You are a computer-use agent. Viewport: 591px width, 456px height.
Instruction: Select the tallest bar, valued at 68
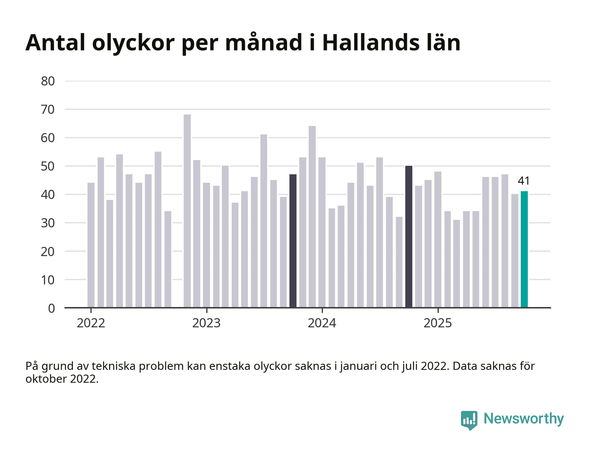point(187,211)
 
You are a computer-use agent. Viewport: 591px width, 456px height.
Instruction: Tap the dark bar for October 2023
point(293,241)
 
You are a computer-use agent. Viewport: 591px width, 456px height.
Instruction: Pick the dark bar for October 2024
point(409,236)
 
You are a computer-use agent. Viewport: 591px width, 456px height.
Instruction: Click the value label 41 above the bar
point(523,181)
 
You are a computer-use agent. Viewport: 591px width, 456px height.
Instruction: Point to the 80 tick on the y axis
point(48,81)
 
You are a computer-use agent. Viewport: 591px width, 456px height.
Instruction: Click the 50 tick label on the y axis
point(48,166)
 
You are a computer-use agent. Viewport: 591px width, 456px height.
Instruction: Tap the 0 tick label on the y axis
point(52,308)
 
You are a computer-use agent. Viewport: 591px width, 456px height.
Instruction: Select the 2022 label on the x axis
point(91,323)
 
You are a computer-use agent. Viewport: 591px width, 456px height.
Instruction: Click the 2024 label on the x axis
point(322,323)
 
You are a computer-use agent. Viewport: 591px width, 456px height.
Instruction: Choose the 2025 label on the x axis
point(437,323)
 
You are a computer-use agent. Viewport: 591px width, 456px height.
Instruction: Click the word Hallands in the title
point(367,43)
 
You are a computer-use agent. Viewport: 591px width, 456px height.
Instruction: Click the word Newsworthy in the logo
point(523,418)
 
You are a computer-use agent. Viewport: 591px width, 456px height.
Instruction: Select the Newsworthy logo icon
point(469,420)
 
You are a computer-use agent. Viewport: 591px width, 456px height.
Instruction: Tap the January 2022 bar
point(91,245)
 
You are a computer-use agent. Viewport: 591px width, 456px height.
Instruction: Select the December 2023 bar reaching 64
point(312,217)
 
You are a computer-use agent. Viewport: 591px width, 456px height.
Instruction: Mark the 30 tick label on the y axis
point(48,223)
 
